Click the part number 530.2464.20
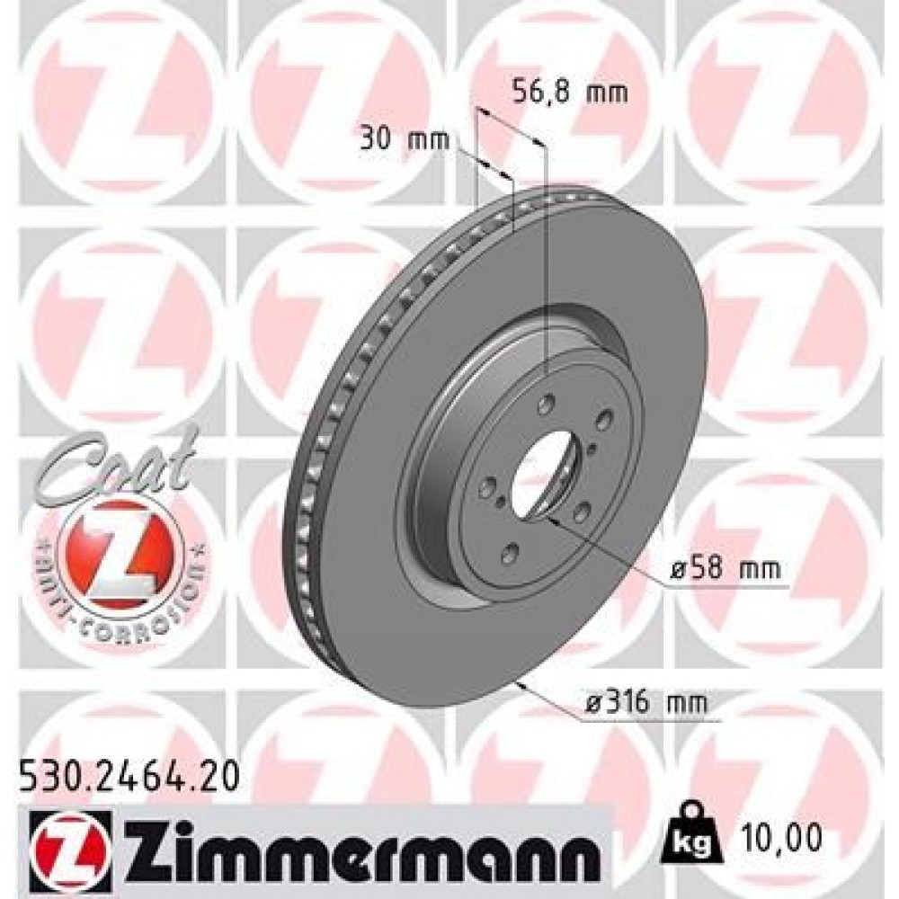coord(129,772)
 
